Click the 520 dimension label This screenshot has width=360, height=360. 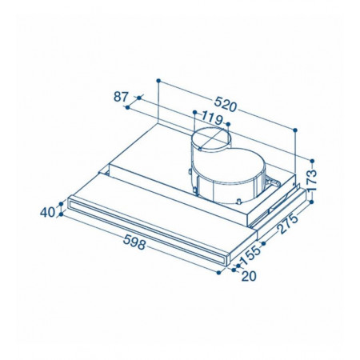226,104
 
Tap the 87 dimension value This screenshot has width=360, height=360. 121,97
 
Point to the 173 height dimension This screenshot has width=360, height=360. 311,180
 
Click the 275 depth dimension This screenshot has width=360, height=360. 287,223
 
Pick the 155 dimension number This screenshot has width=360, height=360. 250,255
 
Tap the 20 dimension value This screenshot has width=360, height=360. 249,276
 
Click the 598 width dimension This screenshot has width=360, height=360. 134,242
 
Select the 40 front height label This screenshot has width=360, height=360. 47,213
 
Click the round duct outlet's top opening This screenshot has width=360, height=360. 210,139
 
